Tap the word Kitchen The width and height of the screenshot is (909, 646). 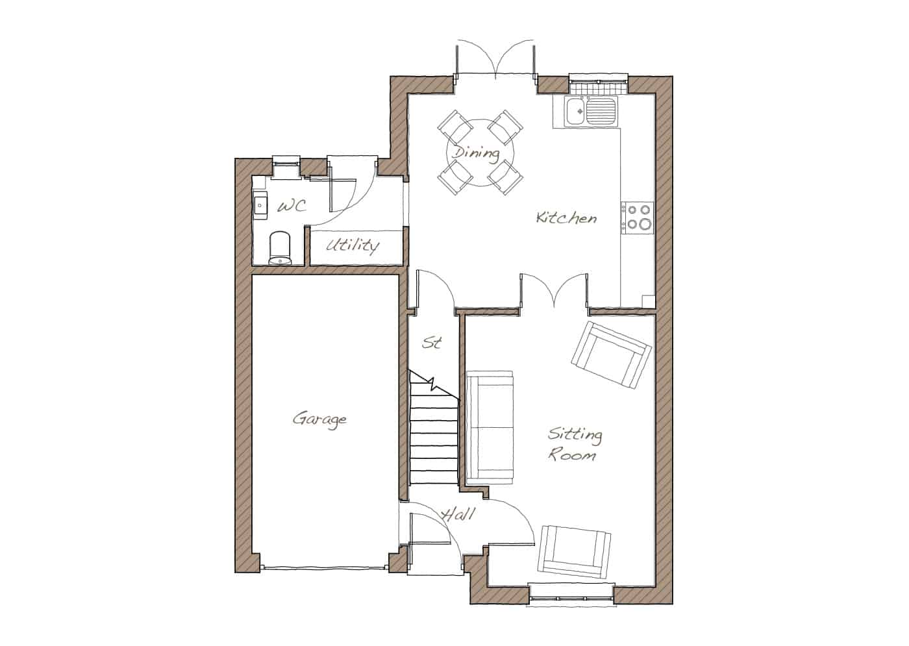click(566, 218)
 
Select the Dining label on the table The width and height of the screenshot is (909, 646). click(476, 154)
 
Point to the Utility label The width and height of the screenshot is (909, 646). click(353, 245)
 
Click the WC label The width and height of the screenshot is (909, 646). click(292, 206)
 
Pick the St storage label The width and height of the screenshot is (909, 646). click(432, 343)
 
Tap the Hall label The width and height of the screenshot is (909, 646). click(458, 515)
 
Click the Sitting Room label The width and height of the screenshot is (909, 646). click(574, 444)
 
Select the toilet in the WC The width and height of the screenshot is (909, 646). click(280, 248)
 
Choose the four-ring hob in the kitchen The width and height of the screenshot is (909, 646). click(637, 217)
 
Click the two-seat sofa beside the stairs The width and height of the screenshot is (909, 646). click(490, 427)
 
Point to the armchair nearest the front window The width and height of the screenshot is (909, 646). click(574, 551)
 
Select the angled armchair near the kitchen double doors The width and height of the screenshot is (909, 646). click(612, 355)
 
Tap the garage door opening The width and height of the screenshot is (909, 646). click(324, 567)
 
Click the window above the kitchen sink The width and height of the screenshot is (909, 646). click(598, 83)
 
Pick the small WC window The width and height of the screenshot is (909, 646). click(286, 167)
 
